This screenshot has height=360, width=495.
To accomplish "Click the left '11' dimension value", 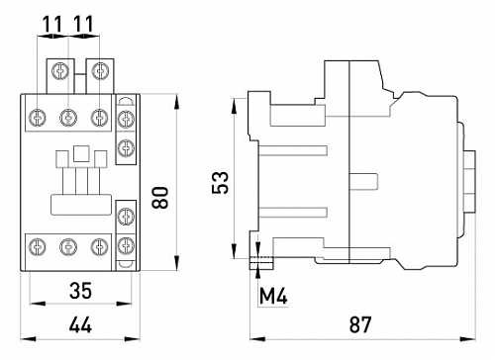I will click(x=52, y=21).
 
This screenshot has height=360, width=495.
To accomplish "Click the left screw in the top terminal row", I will click(x=39, y=118).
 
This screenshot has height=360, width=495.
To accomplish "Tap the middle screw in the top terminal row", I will click(x=68, y=118).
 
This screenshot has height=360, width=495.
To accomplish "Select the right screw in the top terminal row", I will click(x=98, y=118).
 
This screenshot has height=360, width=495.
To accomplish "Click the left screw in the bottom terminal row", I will click(x=39, y=245).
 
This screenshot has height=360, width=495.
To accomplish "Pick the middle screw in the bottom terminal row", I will click(x=68, y=245).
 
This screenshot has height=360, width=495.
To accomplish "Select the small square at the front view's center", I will click(x=82, y=154).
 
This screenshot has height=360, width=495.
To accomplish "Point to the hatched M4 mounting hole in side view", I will click(x=262, y=262).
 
